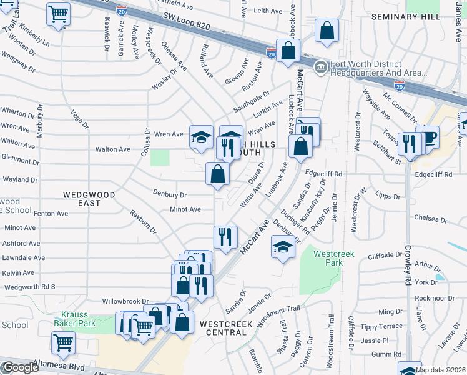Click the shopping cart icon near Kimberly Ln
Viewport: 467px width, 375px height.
point(58,14)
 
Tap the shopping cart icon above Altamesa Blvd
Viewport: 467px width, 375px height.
point(63,342)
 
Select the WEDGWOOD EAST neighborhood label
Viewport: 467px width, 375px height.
point(90,199)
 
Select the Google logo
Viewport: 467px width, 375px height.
point(21,367)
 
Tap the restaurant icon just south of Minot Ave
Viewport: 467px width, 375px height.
point(225,236)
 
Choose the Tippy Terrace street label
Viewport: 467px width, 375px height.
point(381,326)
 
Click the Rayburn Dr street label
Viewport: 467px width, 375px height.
point(143,222)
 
